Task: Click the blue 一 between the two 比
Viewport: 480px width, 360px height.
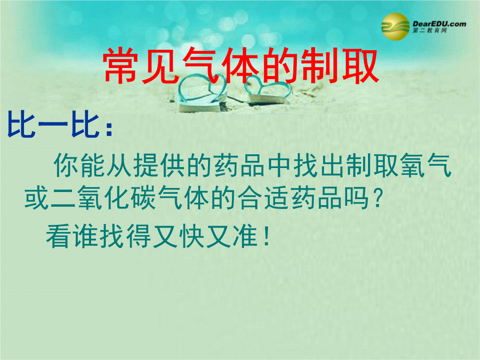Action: (53, 124)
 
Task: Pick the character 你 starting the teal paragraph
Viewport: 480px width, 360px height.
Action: (66, 165)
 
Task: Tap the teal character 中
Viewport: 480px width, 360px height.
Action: (279, 165)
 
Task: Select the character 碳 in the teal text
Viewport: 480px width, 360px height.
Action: (144, 198)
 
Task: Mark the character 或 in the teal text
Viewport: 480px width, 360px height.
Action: (37, 198)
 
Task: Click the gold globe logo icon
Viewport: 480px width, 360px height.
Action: (395, 27)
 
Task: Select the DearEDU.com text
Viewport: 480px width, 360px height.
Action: (439, 24)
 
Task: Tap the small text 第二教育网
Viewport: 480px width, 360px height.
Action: (429, 30)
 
